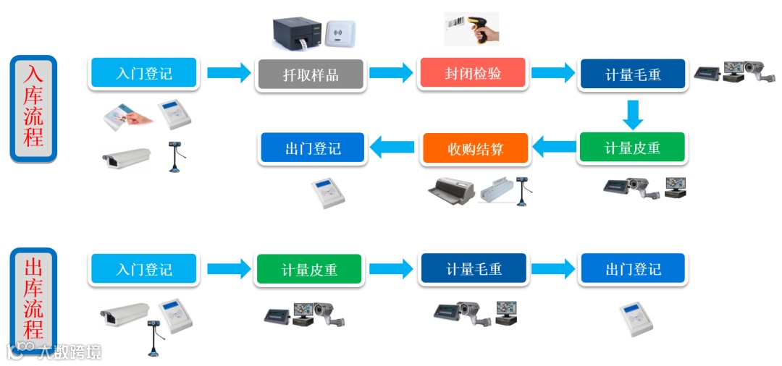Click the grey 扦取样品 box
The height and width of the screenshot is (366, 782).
coord(311,75)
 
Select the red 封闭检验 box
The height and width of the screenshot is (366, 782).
coord(473,74)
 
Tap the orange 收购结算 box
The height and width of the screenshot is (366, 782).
coord(475,149)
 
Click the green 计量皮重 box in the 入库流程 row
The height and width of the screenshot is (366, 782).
coord(632,148)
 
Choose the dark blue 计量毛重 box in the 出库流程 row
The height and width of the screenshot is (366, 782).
coord(474,269)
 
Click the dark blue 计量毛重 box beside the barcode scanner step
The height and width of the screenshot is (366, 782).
coord(633,75)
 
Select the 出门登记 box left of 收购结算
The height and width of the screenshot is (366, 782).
coord(313,149)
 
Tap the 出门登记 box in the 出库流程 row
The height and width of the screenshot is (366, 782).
coord(633,269)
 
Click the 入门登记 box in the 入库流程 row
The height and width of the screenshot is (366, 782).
coord(144,73)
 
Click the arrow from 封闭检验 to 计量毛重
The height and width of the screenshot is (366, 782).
coord(553,73)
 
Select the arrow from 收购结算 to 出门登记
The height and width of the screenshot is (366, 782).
coord(393,148)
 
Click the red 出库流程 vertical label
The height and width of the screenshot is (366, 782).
coord(33,299)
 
